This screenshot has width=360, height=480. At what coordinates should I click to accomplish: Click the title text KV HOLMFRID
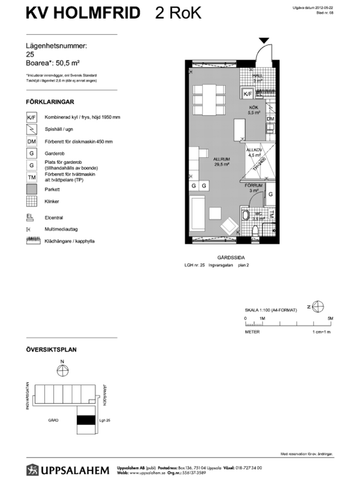click(x=71, y=15)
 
